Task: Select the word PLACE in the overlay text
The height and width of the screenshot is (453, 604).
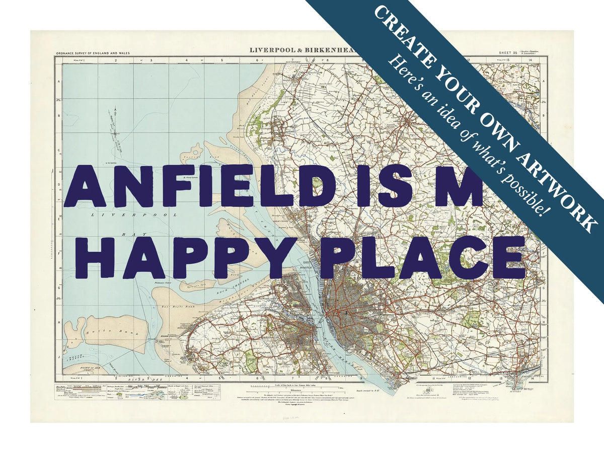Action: (x=423, y=257)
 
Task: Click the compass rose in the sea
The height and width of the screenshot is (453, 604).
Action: (x=115, y=132)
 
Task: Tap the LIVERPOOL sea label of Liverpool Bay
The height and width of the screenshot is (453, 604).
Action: (x=134, y=215)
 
